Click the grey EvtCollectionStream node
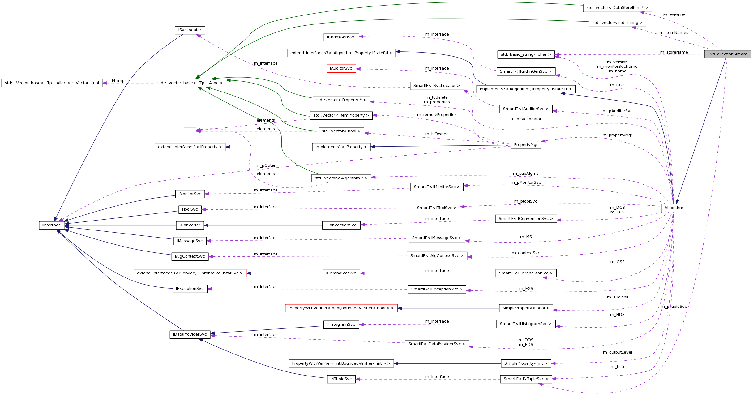click(727, 54)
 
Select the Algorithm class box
click(674, 208)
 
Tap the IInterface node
click(52, 225)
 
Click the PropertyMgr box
click(526, 145)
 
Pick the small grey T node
click(190, 131)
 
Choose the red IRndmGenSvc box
click(341, 37)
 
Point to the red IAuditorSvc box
click(341, 68)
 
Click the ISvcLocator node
click(190, 30)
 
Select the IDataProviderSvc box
click(190, 334)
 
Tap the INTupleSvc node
click(341, 379)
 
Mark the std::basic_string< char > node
click(526, 54)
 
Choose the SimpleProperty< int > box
click(526, 363)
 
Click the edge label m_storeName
click(674, 52)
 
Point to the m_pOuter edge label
click(265, 165)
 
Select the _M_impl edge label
click(118, 81)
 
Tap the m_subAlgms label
click(526, 174)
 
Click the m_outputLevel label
click(617, 352)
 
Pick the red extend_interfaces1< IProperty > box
click(190, 147)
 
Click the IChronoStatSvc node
click(341, 273)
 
